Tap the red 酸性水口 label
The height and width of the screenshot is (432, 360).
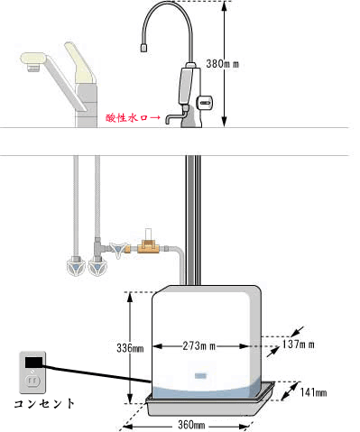click(x=125, y=117)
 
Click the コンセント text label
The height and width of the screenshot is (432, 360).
click(x=44, y=402)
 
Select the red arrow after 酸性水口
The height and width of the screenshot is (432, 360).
click(x=156, y=117)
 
